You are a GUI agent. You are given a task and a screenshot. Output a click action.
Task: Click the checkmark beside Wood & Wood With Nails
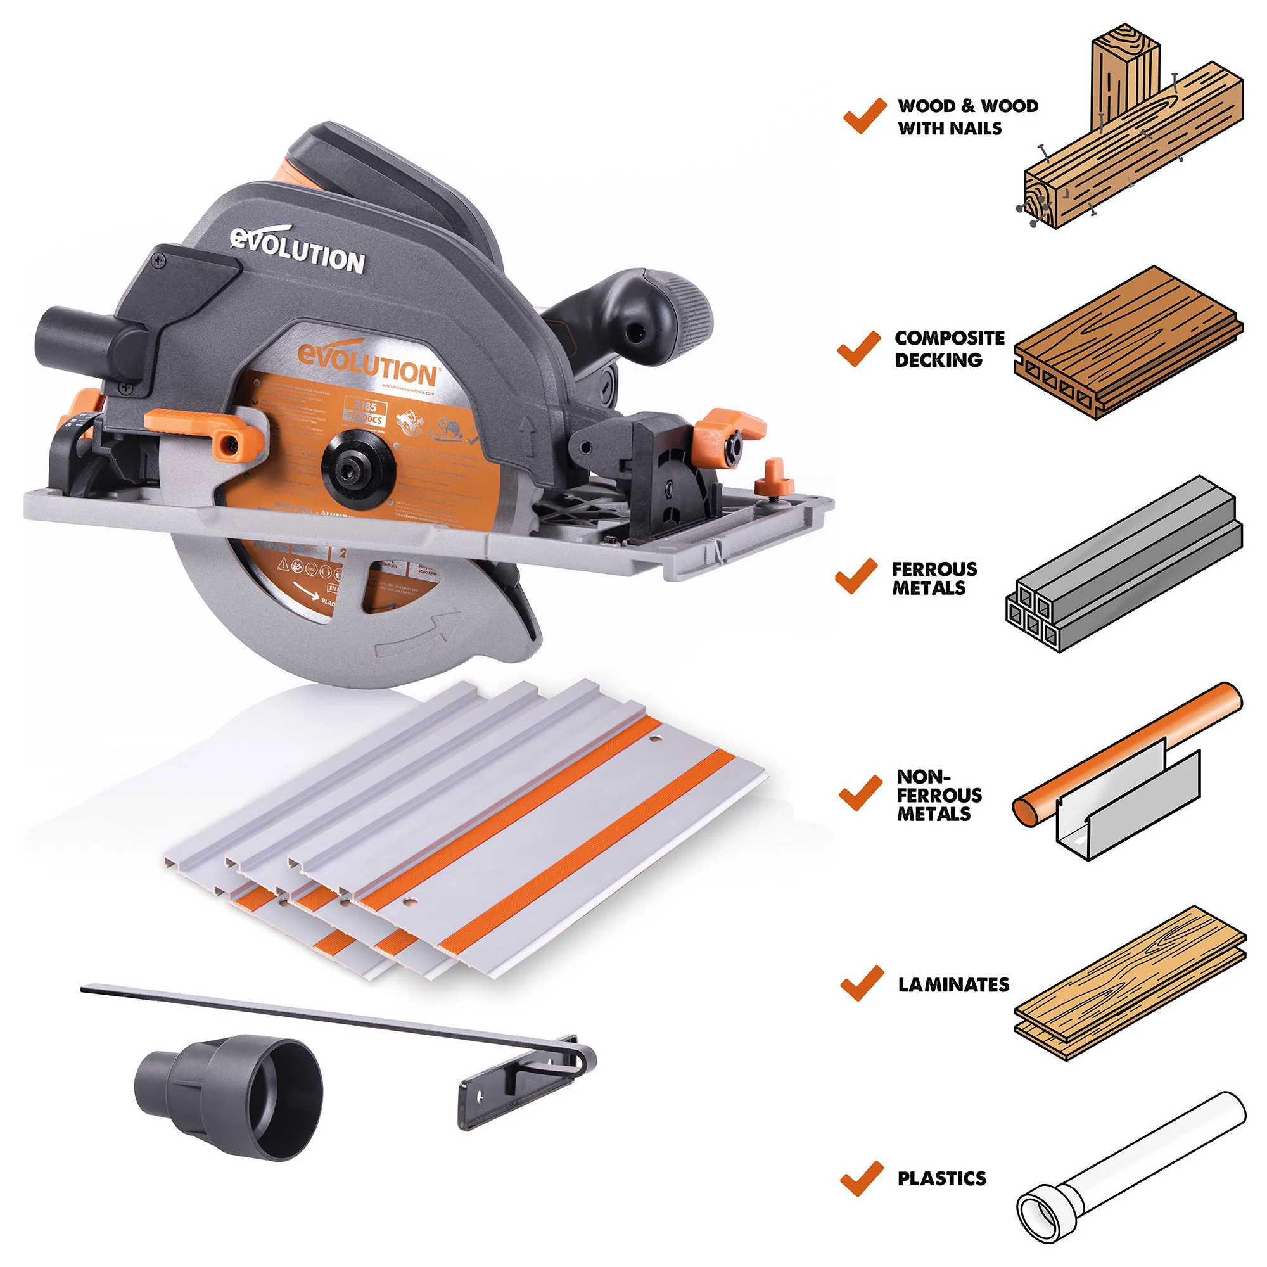[x=864, y=116]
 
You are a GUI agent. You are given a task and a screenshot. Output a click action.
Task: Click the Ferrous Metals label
[x=933, y=578]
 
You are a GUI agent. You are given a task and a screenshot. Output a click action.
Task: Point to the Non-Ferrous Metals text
[x=938, y=795]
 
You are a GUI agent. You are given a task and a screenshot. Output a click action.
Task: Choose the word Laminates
[x=953, y=984]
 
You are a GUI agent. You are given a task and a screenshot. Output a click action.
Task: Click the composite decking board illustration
[x=1128, y=341]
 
